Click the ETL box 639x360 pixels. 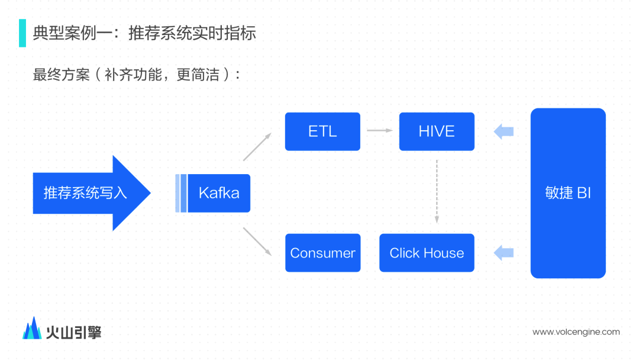tap(322, 131)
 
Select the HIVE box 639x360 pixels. tap(437, 131)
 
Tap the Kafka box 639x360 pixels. tap(218, 193)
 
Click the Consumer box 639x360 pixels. tap(322, 253)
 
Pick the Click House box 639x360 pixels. tap(427, 253)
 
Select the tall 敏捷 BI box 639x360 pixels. tap(568, 193)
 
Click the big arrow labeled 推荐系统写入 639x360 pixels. tap(89, 193)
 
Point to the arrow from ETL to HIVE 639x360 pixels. tap(379, 130)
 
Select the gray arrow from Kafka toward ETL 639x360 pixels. tap(257, 147)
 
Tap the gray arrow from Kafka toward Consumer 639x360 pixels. tap(257, 242)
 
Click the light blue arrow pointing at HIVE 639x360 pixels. tap(504, 131)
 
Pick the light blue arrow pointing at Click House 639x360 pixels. tap(504, 253)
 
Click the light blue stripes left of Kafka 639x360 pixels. tap(181, 193)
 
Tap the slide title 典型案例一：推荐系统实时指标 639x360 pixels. tap(144, 33)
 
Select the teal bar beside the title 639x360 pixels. tap(22, 33)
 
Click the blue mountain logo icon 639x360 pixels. tap(32, 329)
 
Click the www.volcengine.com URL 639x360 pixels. tap(576, 332)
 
